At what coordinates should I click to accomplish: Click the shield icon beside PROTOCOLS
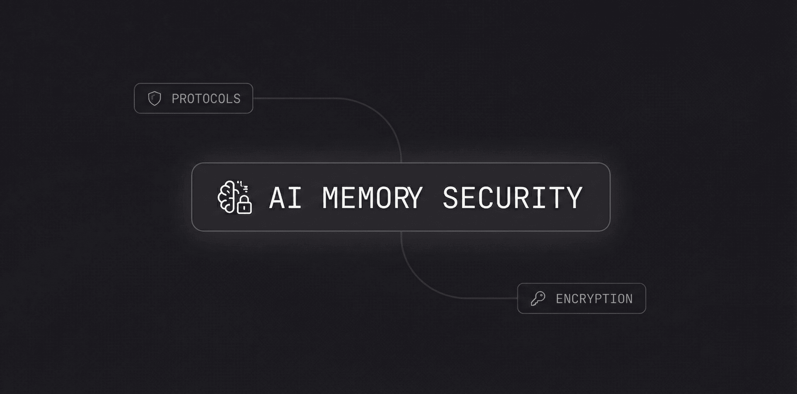(x=154, y=99)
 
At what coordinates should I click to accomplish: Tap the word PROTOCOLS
(x=206, y=99)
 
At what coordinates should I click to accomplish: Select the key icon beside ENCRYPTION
(x=538, y=299)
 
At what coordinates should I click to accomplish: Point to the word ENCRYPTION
(x=594, y=299)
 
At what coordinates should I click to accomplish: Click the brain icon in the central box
(x=228, y=197)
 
